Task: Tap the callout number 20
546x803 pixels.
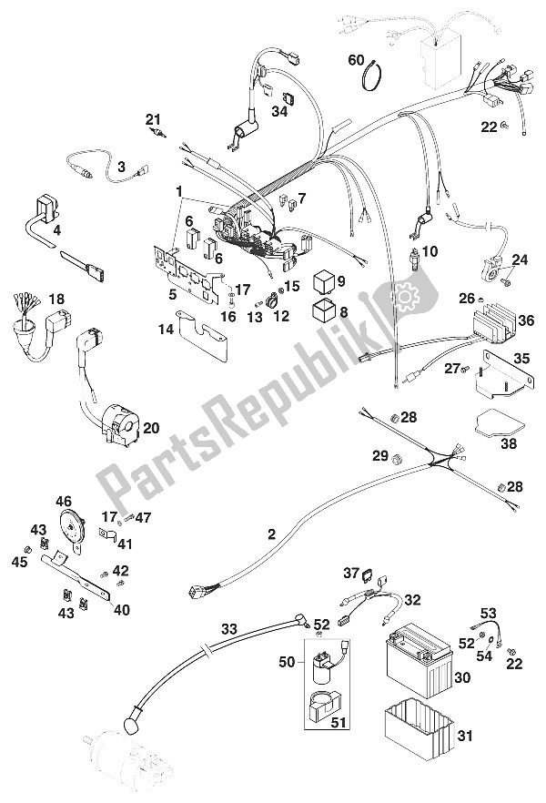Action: point(152,427)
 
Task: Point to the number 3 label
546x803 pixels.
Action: point(120,167)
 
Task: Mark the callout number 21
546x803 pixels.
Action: point(152,118)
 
